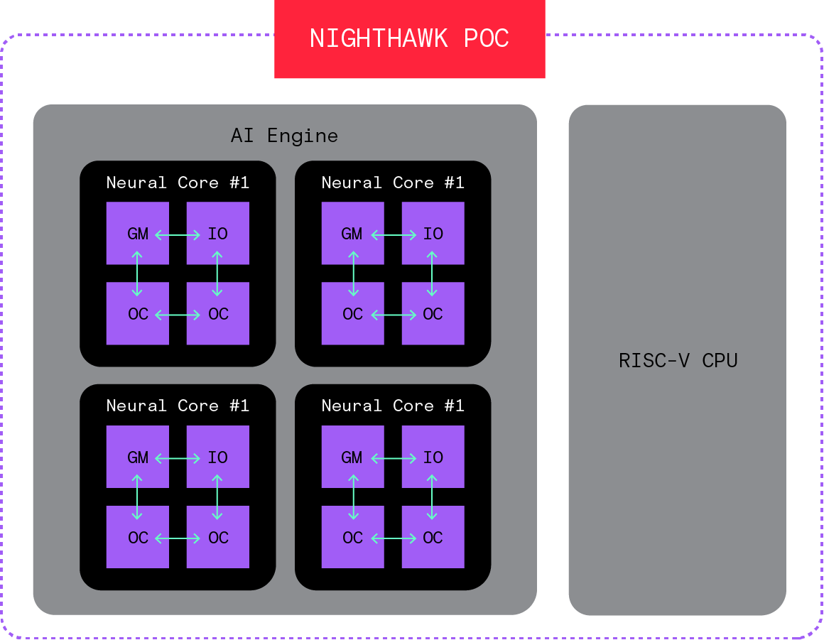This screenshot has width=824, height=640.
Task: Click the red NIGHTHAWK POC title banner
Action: point(409,39)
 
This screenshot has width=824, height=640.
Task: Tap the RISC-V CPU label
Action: point(678,360)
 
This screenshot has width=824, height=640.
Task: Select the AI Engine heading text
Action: point(284,135)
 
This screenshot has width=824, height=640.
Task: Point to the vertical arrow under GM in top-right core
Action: point(353,273)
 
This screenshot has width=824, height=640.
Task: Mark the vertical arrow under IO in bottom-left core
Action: point(217,497)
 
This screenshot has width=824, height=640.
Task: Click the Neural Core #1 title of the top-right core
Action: point(393,183)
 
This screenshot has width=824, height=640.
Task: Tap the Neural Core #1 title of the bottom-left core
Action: point(178,406)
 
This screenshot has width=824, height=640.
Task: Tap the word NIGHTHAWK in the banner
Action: point(378,38)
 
